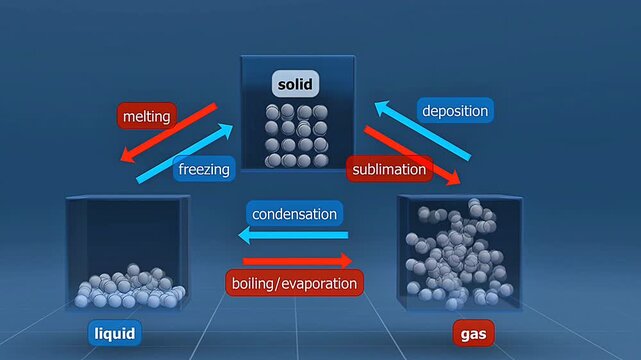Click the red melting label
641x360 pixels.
147,117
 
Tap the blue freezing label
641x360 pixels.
204,169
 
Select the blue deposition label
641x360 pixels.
453,111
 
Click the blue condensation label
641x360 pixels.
295,214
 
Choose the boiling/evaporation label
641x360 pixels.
294,283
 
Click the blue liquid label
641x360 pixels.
113,332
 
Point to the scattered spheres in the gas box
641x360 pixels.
455,256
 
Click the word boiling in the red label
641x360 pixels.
255,283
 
